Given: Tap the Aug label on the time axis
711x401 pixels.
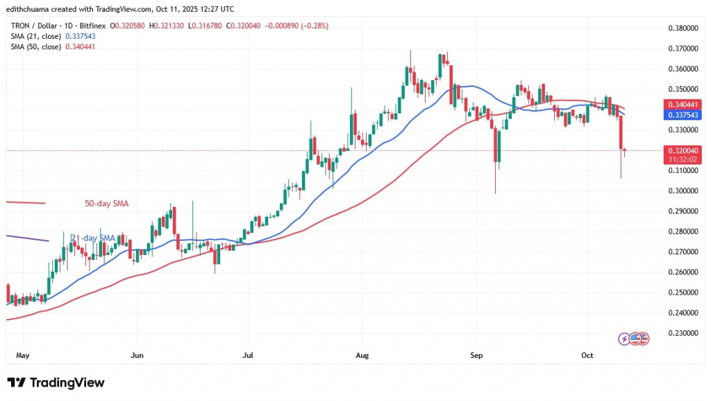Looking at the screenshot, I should [361, 354].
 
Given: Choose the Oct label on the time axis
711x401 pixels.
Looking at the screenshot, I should [587, 354].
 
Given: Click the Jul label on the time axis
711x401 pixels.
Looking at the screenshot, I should [248, 354].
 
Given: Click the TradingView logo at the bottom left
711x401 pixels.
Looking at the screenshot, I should [56, 382].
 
